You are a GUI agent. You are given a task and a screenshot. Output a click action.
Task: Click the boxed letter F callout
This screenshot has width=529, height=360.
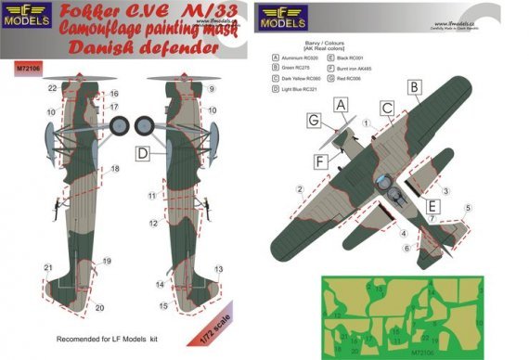tap(320, 161)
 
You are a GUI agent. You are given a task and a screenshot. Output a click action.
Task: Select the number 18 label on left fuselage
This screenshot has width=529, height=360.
tap(115, 169)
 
